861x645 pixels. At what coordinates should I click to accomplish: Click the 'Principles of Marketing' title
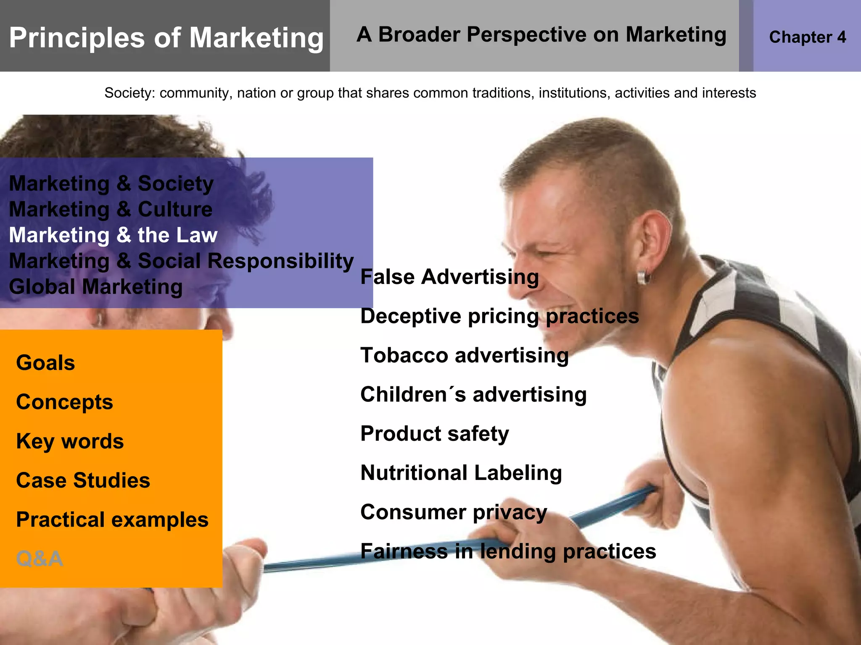click(166, 38)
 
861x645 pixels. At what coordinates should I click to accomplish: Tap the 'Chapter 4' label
click(807, 37)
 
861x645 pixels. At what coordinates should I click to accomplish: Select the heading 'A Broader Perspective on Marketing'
click(541, 34)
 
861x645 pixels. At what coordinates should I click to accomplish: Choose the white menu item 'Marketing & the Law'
click(113, 235)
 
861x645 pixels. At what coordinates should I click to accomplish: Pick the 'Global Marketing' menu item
click(96, 287)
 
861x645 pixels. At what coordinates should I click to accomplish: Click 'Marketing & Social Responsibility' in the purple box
click(181, 261)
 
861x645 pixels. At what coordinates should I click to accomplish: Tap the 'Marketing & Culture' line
click(111, 210)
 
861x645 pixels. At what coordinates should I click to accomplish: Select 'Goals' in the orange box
click(45, 363)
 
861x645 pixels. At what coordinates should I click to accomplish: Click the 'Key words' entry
click(70, 441)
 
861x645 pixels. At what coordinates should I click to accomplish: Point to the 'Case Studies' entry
click(83, 480)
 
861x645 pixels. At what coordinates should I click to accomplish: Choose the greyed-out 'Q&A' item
click(40, 559)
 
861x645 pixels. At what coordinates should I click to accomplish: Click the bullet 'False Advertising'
click(449, 277)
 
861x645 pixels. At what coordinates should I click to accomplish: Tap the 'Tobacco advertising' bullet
click(465, 356)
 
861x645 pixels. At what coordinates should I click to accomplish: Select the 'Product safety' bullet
click(435, 434)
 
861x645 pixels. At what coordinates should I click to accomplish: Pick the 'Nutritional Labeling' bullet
click(461, 473)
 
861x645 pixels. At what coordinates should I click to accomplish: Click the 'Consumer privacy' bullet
click(454, 512)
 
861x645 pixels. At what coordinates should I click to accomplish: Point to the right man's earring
click(643, 278)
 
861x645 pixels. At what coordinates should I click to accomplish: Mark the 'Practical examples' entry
click(112, 520)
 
